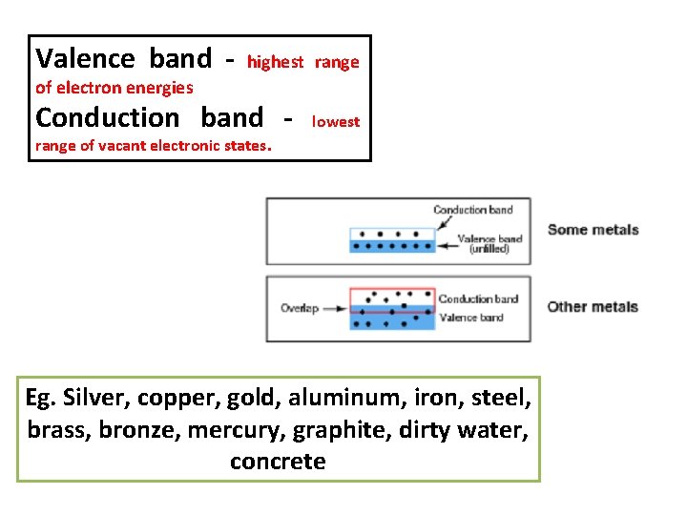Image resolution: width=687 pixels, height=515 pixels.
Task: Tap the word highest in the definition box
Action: [x=275, y=62]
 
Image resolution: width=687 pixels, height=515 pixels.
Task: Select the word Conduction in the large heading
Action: [x=107, y=118]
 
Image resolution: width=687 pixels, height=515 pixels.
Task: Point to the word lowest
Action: [x=336, y=121]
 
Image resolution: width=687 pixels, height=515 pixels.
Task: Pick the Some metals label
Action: [x=592, y=230]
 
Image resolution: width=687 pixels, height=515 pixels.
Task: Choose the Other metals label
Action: [x=592, y=307]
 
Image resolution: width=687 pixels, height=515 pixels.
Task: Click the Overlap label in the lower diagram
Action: [x=299, y=308]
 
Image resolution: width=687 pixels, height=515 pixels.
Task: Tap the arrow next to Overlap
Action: [x=334, y=308]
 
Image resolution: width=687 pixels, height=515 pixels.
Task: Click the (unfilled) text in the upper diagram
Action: [x=489, y=249]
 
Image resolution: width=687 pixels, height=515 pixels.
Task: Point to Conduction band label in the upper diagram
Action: [x=472, y=210]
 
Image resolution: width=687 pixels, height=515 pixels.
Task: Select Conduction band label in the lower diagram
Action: [x=478, y=299]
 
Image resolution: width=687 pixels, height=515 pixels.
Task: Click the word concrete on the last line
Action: [x=278, y=462]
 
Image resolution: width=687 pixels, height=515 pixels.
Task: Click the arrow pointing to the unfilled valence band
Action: [x=447, y=245]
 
